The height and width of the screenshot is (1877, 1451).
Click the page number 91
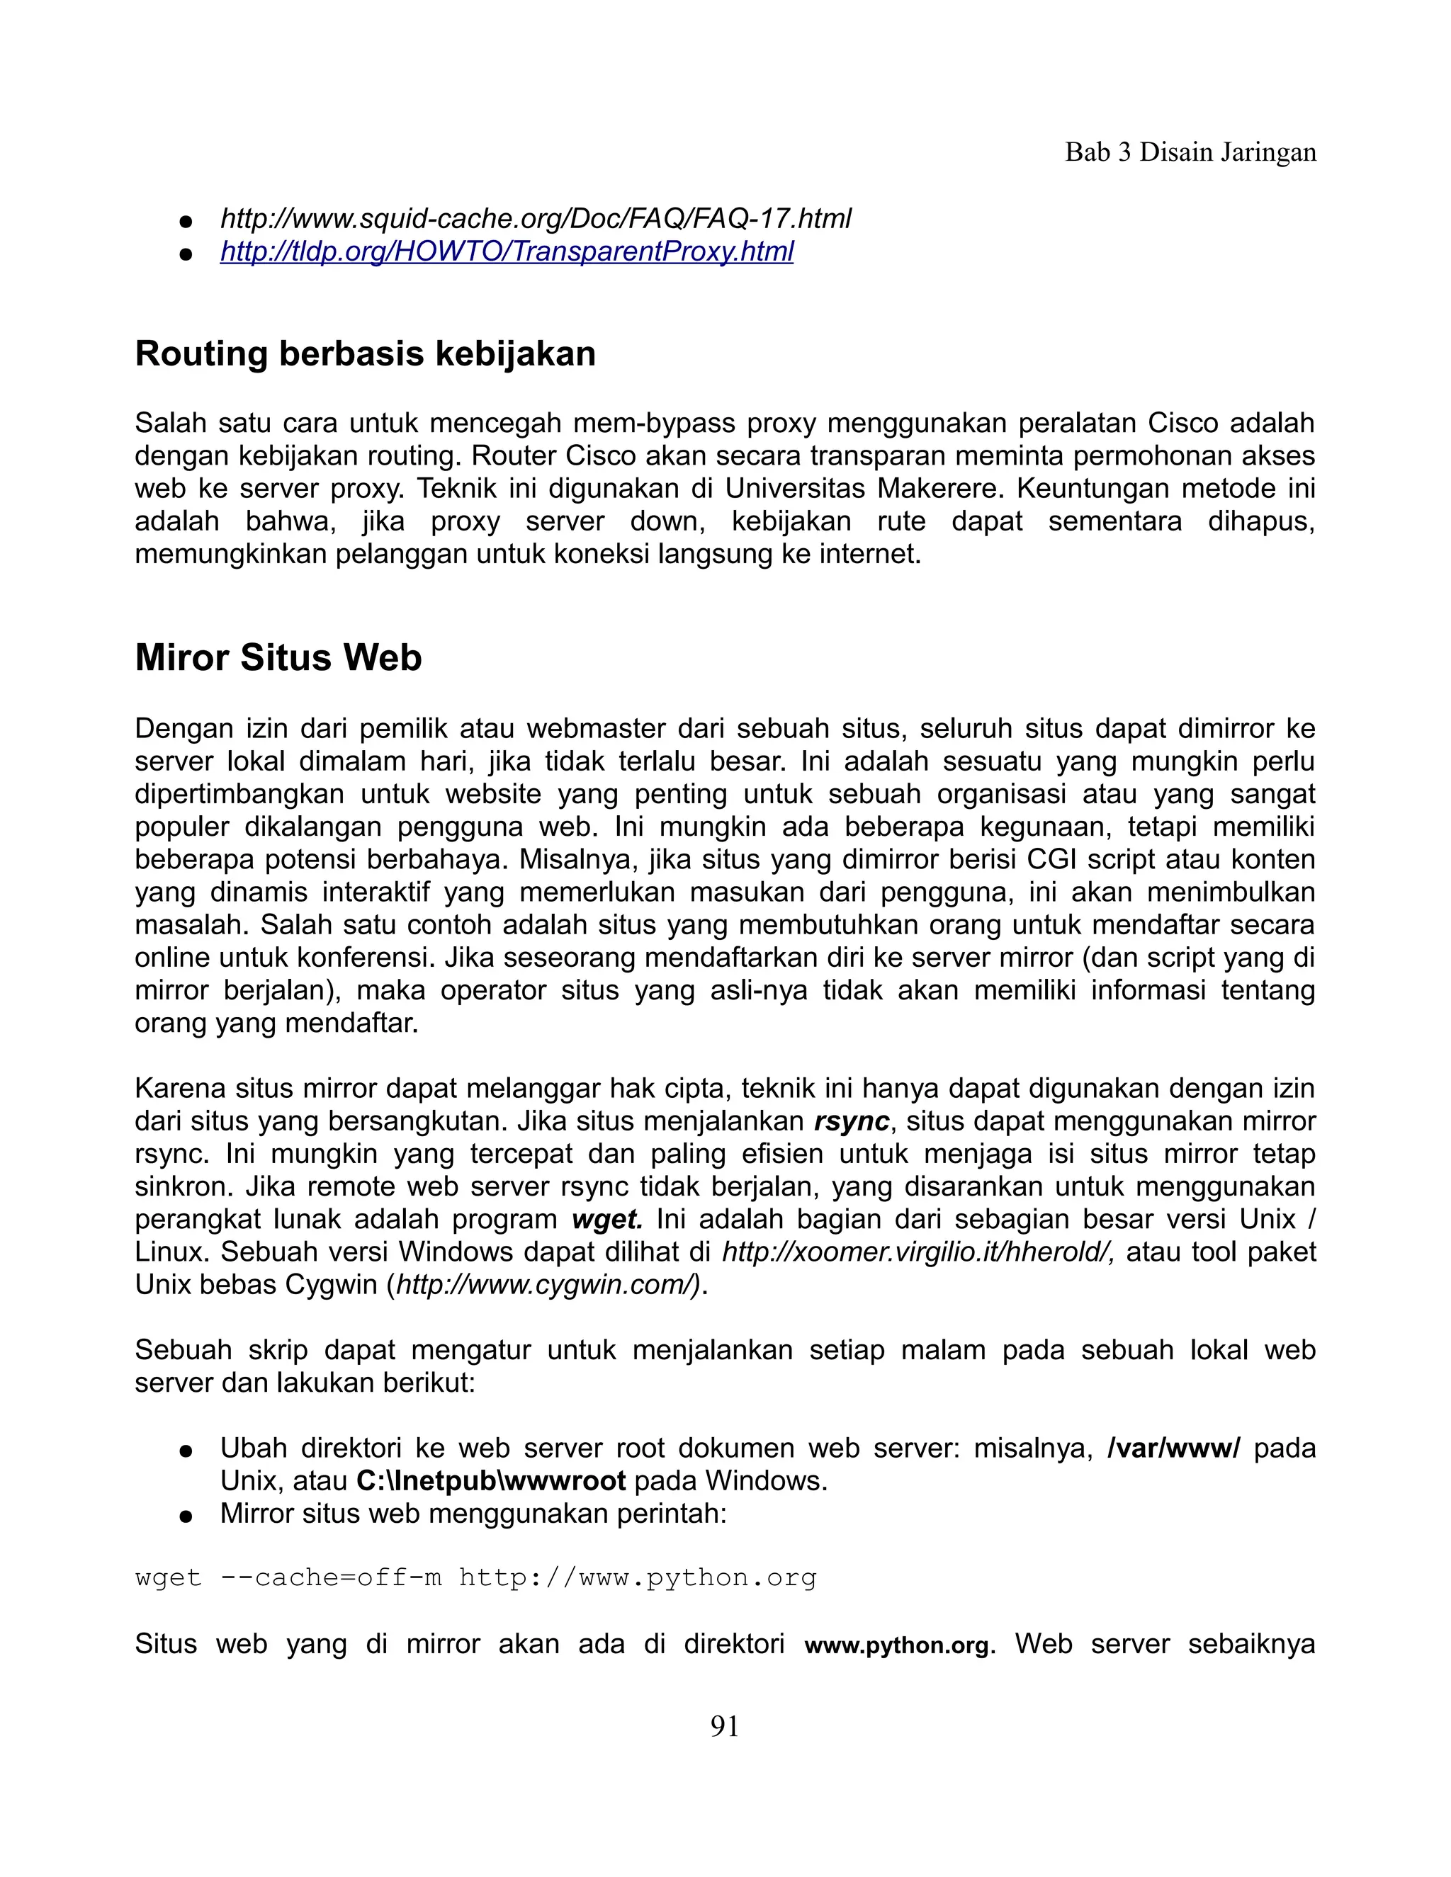[725, 1727]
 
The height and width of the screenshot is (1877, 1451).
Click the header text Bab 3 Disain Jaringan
[1190, 152]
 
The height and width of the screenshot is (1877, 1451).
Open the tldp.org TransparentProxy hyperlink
[507, 252]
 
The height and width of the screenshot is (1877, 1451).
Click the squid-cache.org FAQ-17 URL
[536, 218]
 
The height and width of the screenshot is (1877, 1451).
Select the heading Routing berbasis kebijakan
[366, 354]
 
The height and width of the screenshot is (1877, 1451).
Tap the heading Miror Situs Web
[278, 657]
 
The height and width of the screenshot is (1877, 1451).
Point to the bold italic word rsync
[851, 1121]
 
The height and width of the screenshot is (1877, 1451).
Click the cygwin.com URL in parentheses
[545, 1285]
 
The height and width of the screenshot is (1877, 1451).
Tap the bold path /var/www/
[1173, 1448]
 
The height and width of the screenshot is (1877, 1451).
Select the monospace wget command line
[475, 1578]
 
